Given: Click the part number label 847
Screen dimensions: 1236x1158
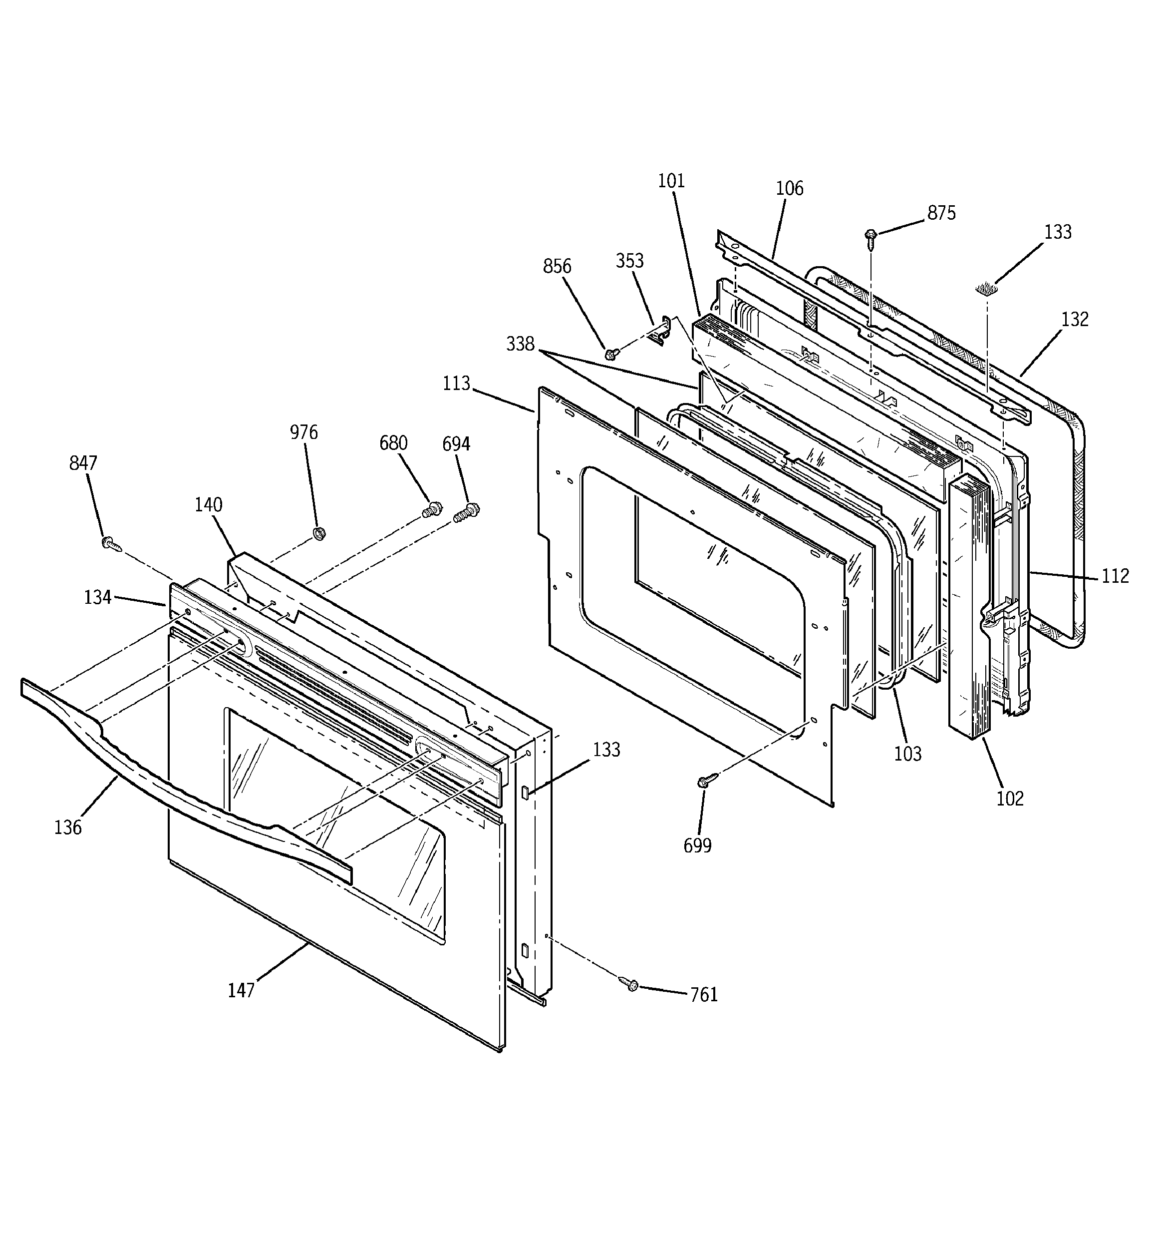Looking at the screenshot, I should (x=83, y=463).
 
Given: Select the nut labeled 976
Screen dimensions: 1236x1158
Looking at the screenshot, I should (x=318, y=533).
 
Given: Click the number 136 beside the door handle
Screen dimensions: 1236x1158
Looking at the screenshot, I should (x=68, y=827).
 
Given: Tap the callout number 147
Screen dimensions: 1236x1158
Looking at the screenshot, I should (x=241, y=990).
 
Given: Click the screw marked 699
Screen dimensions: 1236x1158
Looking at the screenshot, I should (x=705, y=782).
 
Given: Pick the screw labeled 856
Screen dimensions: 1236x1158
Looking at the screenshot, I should (x=611, y=353).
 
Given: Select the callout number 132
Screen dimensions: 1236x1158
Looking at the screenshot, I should (x=1075, y=320).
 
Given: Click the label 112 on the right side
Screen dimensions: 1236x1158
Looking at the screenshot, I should (x=1115, y=576).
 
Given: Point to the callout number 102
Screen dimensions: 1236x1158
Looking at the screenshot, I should (x=1009, y=799).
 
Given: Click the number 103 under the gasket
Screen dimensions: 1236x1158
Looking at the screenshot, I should (x=907, y=754).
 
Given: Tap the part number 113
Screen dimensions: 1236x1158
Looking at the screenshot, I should (x=456, y=384).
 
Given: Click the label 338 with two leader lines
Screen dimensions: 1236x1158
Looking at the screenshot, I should (x=520, y=344).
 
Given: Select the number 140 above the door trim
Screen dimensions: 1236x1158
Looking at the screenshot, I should (x=208, y=505).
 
